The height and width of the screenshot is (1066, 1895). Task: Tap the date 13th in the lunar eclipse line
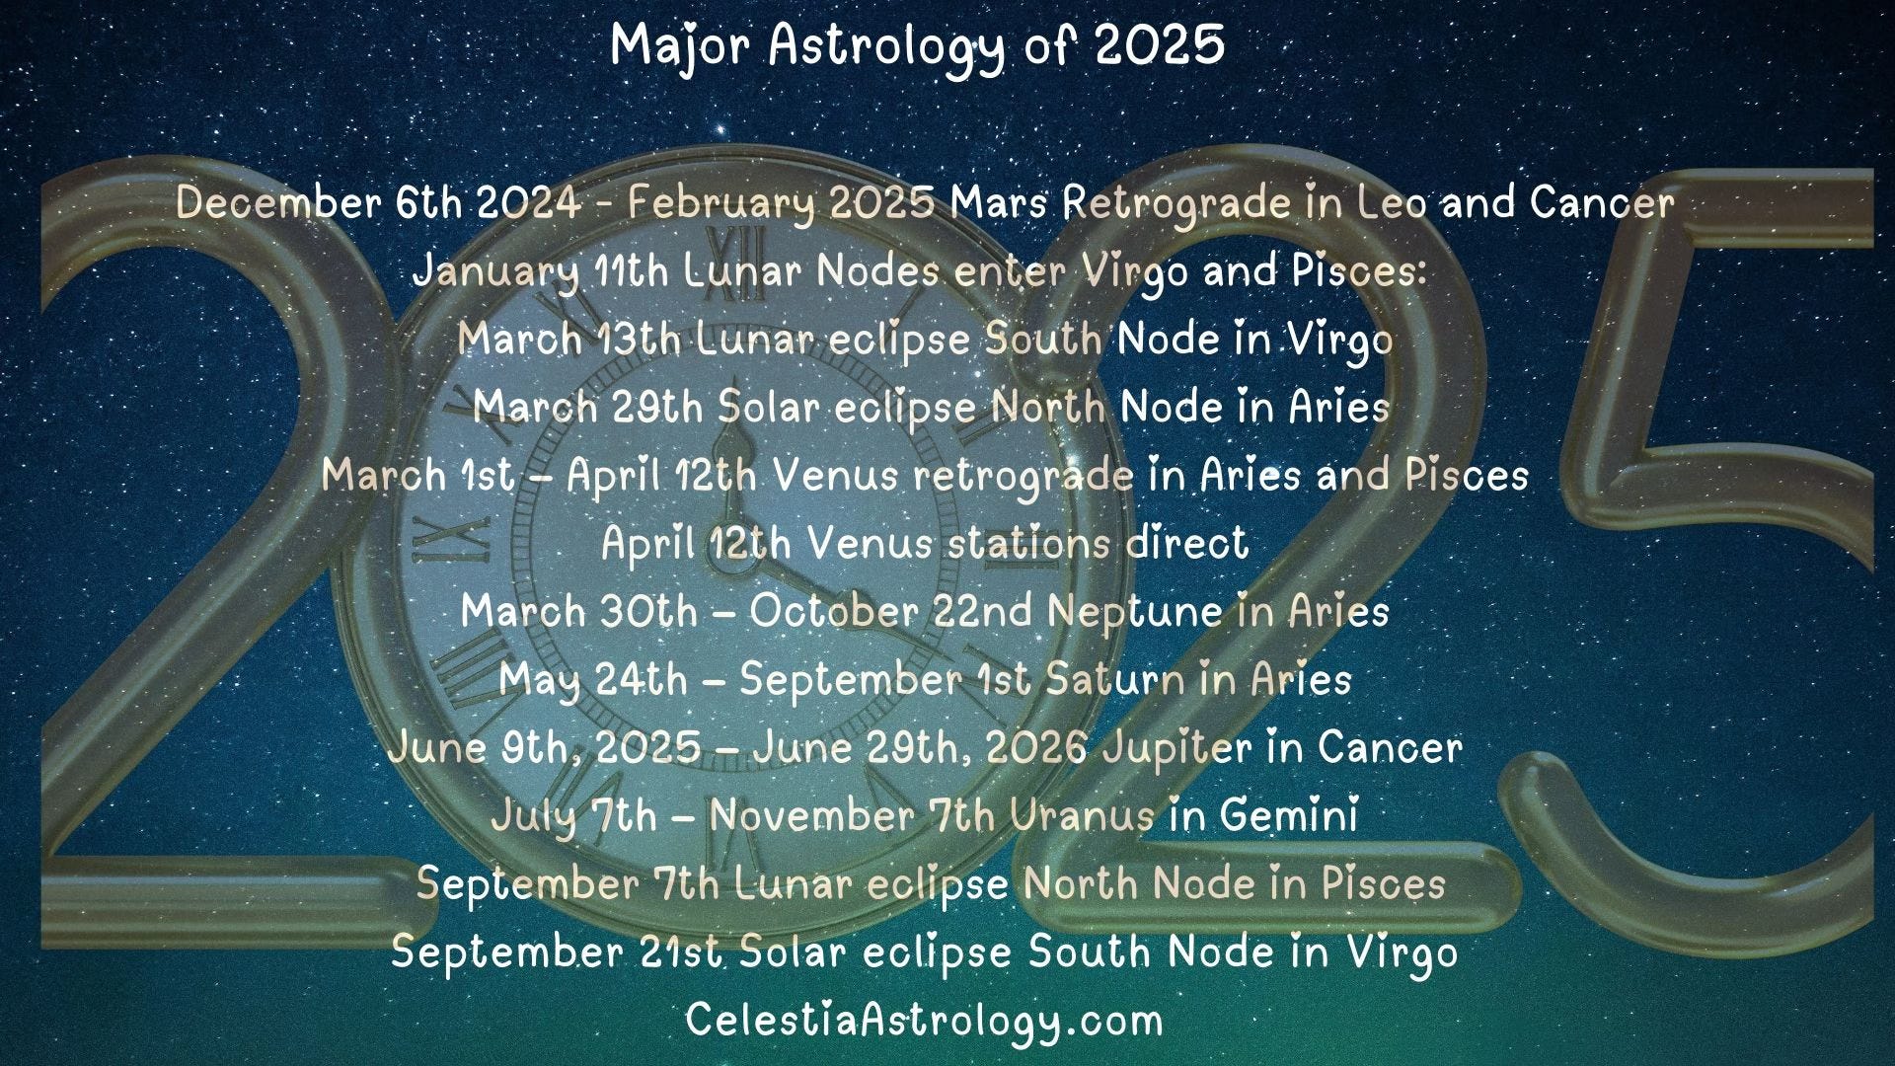pyautogui.click(x=639, y=340)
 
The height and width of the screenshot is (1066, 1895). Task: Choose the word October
pyautogui.click(x=833, y=611)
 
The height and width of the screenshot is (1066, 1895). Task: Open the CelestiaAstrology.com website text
pyautogui.click(x=925, y=1021)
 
